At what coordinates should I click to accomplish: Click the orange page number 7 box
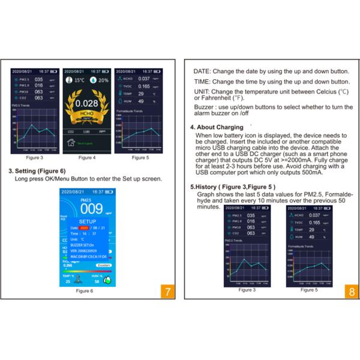click(168, 292)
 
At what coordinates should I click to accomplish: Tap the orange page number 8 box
click(350, 292)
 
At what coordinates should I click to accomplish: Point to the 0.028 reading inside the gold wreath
click(87, 103)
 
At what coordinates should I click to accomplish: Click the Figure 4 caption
click(87, 157)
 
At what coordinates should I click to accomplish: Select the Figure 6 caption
click(84, 290)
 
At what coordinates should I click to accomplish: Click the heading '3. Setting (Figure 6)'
click(37, 170)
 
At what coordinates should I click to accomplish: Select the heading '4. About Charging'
click(216, 128)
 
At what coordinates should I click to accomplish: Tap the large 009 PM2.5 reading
click(91, 209)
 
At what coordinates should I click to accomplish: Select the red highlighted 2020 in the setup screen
click(83, 228)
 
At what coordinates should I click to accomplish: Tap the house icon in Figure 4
click(72, 142)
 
